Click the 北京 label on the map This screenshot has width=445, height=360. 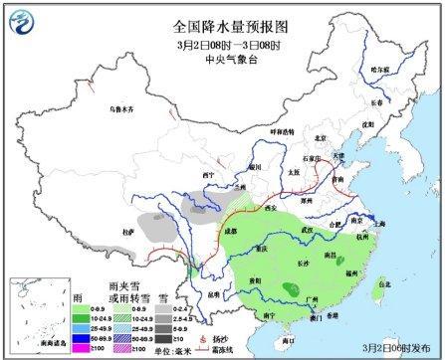(320, 138)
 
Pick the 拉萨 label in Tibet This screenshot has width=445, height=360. (126, 231)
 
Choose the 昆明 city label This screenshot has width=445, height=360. (207, 296)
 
